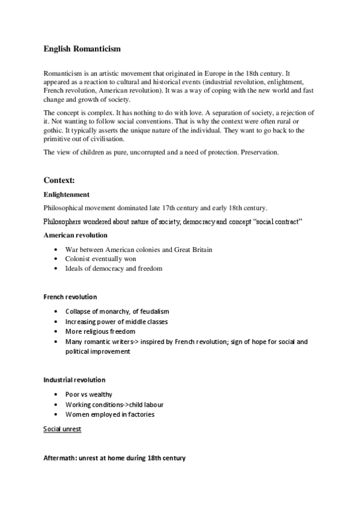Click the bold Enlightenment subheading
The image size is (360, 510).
(67, 195)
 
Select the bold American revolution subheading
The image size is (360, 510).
(75, 235)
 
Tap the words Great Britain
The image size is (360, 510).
(192, 249)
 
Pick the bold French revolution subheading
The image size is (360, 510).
(70, 297)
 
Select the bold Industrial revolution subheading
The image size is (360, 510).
(74, 379)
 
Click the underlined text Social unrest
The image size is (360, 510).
(63, 429)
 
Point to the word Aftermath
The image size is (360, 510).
(59, 458)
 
